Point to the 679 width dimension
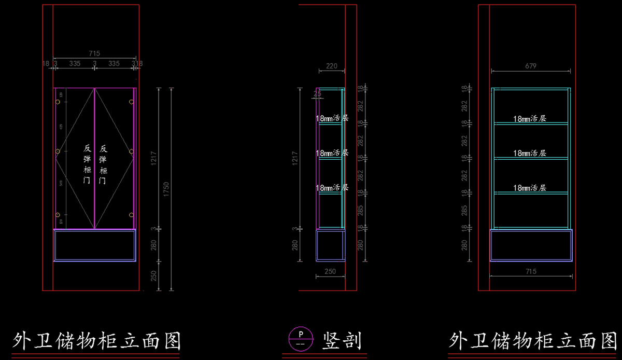pos(530,66)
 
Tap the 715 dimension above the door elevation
pos(94,53)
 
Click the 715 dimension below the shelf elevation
pos(531,272)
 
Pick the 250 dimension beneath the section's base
pos(330,271)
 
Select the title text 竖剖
pos(342,341)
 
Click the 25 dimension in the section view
pos(317,94)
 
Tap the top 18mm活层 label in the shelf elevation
pos(530,119)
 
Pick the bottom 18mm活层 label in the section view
pos(332,188)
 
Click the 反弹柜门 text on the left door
pos(87,164)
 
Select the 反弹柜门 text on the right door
pos(103,164)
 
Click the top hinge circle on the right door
pos(131,102)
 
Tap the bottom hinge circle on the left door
pos(58,215)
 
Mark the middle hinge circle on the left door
pos(58,151)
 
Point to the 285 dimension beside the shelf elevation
pos(464,210)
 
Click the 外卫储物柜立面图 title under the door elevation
pos(96,341)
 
